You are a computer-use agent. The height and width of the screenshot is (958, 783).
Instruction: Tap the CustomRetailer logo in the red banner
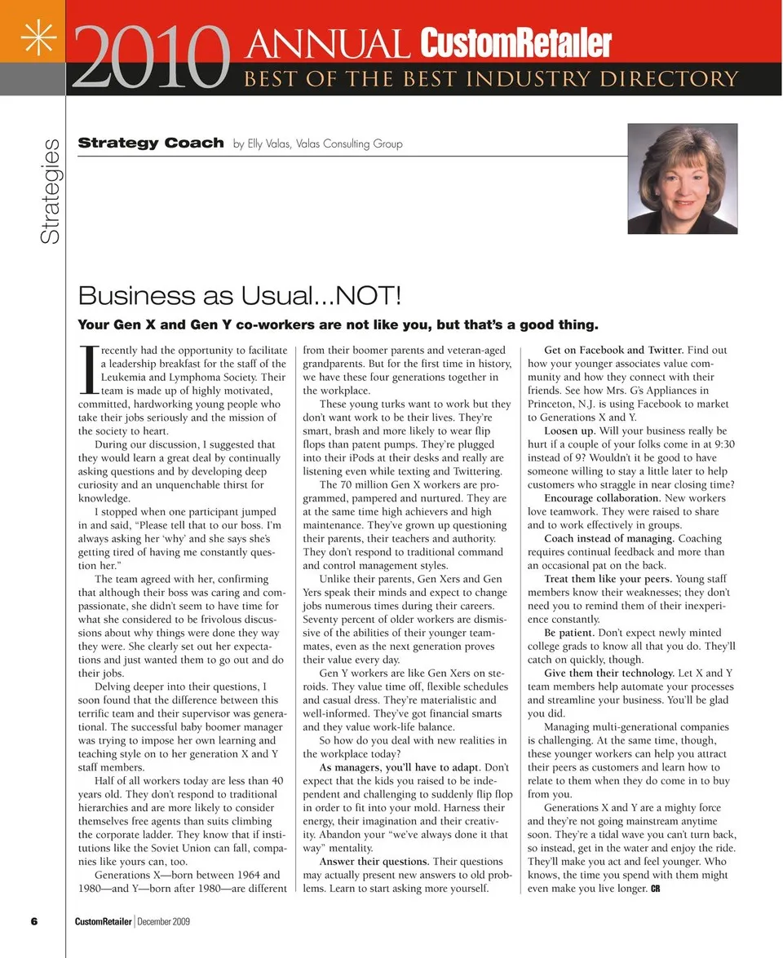(x=515, y=43)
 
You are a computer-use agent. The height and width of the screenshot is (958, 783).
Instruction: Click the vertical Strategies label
(x=51, y=191)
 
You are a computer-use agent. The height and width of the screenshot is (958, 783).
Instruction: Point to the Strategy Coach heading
(x=151, y=143)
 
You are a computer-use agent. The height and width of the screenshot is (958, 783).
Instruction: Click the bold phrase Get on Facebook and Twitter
(x=613, y=351)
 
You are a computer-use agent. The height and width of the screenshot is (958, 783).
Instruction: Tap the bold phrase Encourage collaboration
(x=602, y=498)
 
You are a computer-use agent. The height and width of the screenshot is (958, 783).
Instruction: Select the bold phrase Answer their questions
(x=374, y=862)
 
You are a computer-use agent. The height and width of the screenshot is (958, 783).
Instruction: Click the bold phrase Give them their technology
(x=609, y=673)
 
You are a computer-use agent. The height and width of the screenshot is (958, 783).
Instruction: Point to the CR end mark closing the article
(x=655, y=889)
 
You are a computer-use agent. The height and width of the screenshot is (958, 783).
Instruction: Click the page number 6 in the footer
(x=34, y=921)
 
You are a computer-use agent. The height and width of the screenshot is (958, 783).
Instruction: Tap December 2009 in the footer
(x=164, y=921)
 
